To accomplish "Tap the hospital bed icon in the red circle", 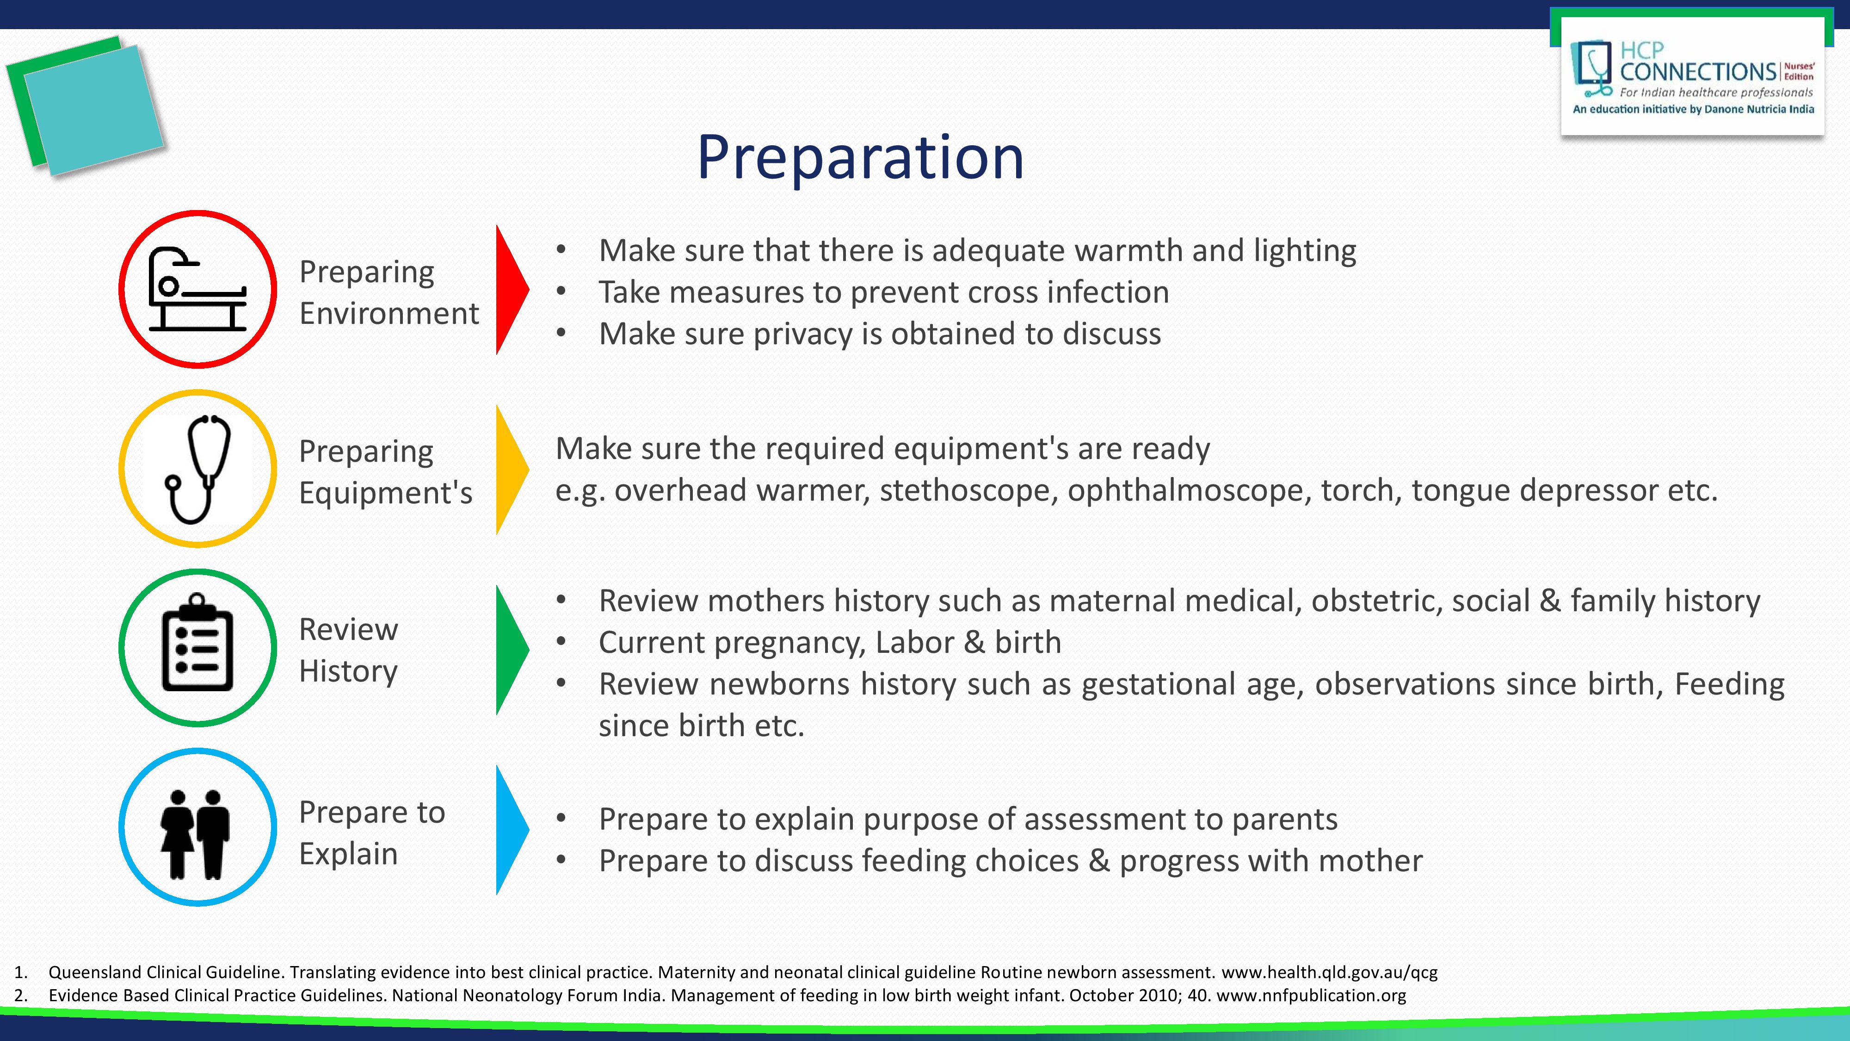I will (x=197, y=290).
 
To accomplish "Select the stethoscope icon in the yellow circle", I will (x=197, y=468).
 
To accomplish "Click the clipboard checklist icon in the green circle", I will (x=197, y=644).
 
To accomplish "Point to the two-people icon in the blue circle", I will (x=195, y=833).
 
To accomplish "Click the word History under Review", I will (x=348, y=671).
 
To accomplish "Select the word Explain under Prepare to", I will (x=348, y=854).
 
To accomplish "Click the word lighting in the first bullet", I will (x=1304, y=251).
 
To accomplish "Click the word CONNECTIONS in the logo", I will (x=1698, y=72).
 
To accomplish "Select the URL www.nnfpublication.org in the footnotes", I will (x=1311, y=995).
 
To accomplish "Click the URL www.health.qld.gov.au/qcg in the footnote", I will (x=1329, y=972).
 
